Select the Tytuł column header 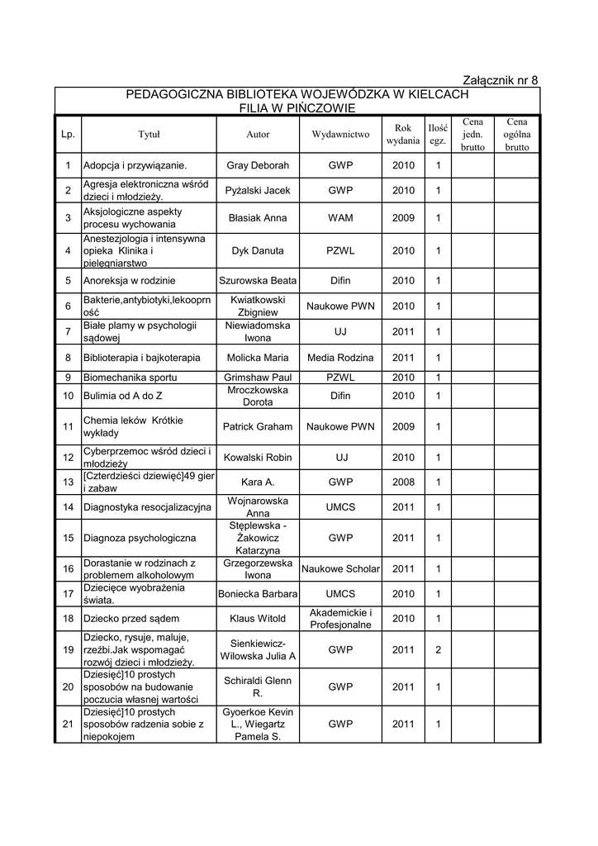pos(149,135)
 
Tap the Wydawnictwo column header pos(340,135)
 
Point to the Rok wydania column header pos(403,135)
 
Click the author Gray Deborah pos(258,165)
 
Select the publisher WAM pos(340,218)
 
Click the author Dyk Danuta pos(258,250)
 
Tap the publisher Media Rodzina pos(340,358)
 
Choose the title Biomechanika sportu pos(131,378)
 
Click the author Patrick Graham pos(258,426)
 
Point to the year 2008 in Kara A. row pos(403,482)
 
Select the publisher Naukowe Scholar pos(340,568)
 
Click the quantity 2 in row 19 pos(438,649)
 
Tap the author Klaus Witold pos(258,618)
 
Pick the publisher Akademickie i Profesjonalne pos(340,618)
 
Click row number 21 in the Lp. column pos(68,725)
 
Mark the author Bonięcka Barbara pos(258,593)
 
